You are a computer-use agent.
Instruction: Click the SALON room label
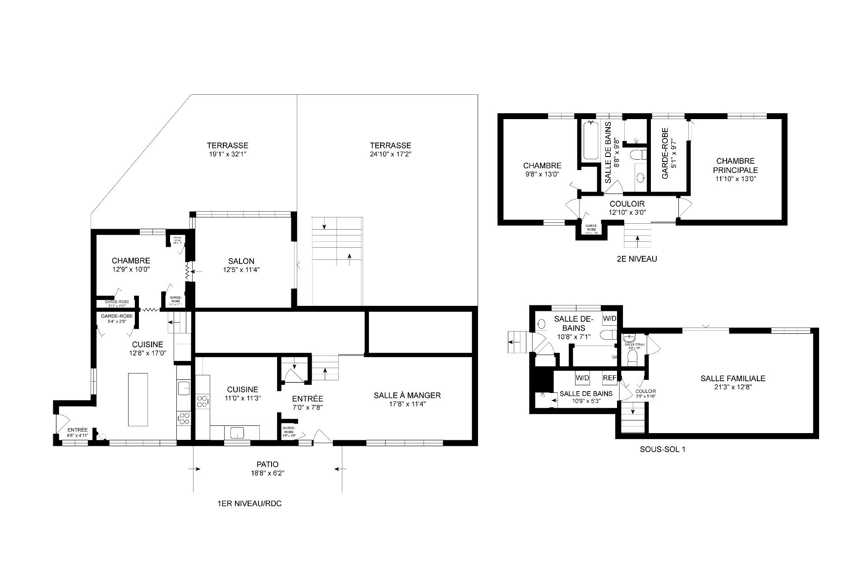click(241, 261)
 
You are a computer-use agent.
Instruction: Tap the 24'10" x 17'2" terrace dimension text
click(390, 154)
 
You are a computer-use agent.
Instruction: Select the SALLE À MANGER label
click(407, 396)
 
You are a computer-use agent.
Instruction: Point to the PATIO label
click(267, 464)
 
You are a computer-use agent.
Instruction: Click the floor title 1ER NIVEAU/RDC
click(249, 504)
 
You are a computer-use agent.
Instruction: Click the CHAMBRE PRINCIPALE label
click(735, 166)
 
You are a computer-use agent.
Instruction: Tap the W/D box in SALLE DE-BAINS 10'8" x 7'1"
click(609, 319)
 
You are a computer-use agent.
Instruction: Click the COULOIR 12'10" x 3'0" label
click(627, 204)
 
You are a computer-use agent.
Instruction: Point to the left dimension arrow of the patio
click(194, 469)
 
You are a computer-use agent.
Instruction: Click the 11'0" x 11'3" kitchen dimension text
click(243, 398)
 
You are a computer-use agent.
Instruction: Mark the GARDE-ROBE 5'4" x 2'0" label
click(117, 316)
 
